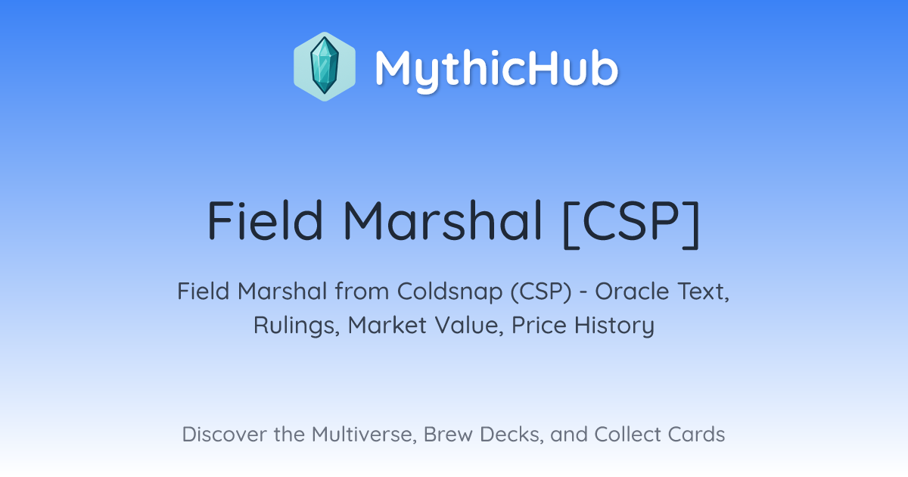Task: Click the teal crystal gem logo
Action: [x=325, y=67]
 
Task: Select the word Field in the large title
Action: [x=265, y=221]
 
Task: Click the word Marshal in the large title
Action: [x=443, y=221]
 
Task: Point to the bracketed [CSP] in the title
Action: [x=632, y=223]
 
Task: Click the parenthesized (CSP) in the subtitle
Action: [x=541, y=292]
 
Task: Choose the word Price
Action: [x=539, y=325]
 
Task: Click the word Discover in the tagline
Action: [x=225, y=435]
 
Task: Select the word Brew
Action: [x=448, y=435]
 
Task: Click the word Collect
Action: [x=627, y=435]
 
